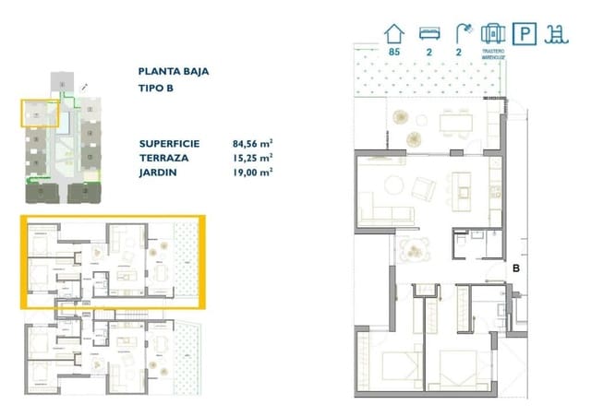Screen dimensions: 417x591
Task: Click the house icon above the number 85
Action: [394, 33]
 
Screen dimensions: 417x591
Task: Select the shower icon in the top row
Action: [460, 33]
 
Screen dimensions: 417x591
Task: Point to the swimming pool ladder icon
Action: [554, 33]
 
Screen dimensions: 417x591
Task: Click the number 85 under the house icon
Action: [394, 54]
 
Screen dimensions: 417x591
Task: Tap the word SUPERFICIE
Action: [171, 144]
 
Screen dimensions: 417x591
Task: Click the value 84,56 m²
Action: [252, 144]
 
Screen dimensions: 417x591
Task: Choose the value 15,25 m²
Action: [252, 158]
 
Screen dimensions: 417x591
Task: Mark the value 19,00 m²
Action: [252, 172]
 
